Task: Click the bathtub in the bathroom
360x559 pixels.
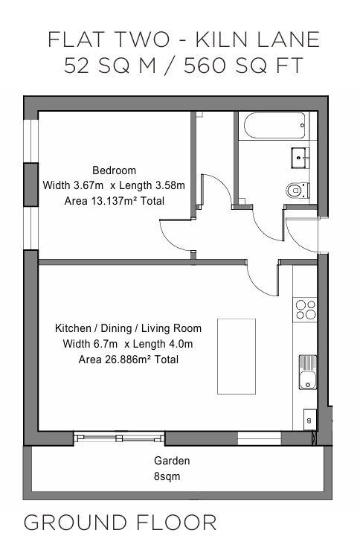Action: coord(275,126)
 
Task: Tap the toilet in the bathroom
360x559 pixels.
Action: coord(298,191)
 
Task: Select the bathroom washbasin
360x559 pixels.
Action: coord(300,158)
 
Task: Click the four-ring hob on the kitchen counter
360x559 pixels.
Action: coord(306,310)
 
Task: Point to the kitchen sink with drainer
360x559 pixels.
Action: coord(308,372)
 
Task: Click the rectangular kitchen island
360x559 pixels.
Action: coord(237,357)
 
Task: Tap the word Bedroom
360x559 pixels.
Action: coord(114,170)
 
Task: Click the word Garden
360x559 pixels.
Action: coord(172,461)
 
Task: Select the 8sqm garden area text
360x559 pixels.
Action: coord(167,476)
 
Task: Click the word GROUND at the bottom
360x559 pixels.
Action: coord(75,523)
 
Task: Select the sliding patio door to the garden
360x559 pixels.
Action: coord(119,438)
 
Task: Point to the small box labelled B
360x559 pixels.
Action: coord(309,420)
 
